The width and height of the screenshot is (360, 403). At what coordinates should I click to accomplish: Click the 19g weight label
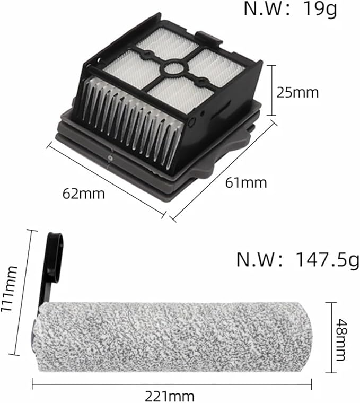pyautogui.click(x=291, y=9)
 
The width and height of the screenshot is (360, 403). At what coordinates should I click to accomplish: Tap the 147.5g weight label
pyautogui.click(x=298, y=260)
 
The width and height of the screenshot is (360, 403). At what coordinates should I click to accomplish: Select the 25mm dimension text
pyautogui.click(x=297, y=92)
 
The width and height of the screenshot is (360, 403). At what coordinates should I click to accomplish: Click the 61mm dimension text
pyautogui.click(x=246, y=183)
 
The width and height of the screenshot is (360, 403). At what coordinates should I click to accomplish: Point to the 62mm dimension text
pyautogui.click(x=84, y=194)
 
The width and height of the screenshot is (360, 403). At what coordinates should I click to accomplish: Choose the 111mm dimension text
pyautogui.click(x=9, y=288)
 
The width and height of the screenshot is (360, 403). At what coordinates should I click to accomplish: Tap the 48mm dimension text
pyautogui.click(x=341, y=340)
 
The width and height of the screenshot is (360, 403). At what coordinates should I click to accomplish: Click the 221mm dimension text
pyautogui.click(x=169, y=396)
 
